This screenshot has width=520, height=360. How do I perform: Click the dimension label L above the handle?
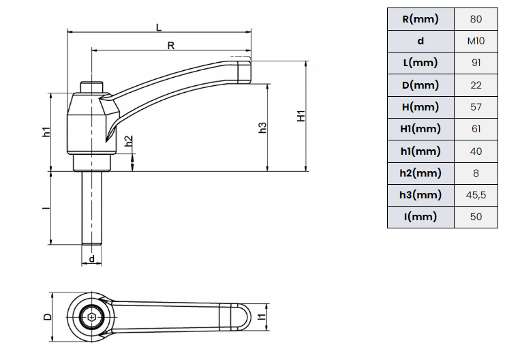coord(159,27)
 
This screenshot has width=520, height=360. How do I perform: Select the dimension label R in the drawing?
coord(171,46)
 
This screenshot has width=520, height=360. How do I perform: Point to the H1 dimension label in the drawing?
coord(301,116)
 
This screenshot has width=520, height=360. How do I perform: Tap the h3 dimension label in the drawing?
coord(262,127)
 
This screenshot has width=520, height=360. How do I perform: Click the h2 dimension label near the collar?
coord(129,141)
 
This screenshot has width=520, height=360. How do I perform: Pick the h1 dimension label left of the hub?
coord(46,132)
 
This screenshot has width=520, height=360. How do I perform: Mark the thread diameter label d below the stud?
coord(92,259)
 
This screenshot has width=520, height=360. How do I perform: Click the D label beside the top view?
coord(48,317)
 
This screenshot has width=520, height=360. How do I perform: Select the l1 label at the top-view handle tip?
coord(262,317)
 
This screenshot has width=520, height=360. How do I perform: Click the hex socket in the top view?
coord(91,318)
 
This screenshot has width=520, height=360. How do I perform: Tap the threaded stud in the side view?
coord(92,209)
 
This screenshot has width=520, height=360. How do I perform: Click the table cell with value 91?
coord(476,63)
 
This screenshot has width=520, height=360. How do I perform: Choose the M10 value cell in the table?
coord(476,41)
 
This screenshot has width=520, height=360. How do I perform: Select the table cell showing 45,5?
coord(476,195)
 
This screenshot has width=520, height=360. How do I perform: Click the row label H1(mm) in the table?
coord(420,129)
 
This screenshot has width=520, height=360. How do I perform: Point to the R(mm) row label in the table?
coord(420,19)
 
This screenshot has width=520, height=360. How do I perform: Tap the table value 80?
coord(476,19)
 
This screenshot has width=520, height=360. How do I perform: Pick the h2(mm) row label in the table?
coord(420,173)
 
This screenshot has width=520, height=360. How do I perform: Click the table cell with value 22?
coord(476,85)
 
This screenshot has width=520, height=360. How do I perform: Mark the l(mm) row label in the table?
coord(420,217)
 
